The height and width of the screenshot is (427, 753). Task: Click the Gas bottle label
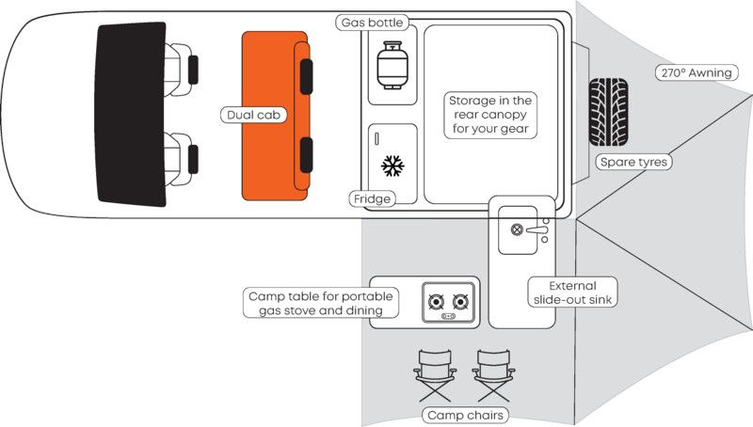point(372,23)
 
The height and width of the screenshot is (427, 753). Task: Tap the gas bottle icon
point(393,65)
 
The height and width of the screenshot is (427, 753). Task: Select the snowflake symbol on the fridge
point(393,166)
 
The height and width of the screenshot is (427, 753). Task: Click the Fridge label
point(372,199)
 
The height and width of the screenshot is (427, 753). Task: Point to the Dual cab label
point(253,115)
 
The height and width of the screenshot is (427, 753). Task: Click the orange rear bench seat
point(275,116)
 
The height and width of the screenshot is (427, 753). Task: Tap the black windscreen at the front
point(131,114)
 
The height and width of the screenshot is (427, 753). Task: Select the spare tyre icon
point(608,112)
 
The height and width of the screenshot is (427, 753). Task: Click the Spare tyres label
point(633,162)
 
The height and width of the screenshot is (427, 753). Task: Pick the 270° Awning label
point(697,72)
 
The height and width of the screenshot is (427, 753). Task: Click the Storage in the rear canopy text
point(490,115)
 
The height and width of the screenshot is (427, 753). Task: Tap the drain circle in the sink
point(517,229)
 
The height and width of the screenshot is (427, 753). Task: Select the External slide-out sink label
point(572,293)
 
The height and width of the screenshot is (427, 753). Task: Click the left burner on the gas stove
point(436,302)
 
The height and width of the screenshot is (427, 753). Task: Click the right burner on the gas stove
point(460,302)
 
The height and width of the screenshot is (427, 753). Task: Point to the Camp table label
point(321,303)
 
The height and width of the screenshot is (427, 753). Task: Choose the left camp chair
point(435,375)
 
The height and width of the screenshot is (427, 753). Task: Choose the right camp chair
point(493,375)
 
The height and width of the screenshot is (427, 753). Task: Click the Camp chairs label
point(465,416)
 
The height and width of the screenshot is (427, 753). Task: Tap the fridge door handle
point(376,138)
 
